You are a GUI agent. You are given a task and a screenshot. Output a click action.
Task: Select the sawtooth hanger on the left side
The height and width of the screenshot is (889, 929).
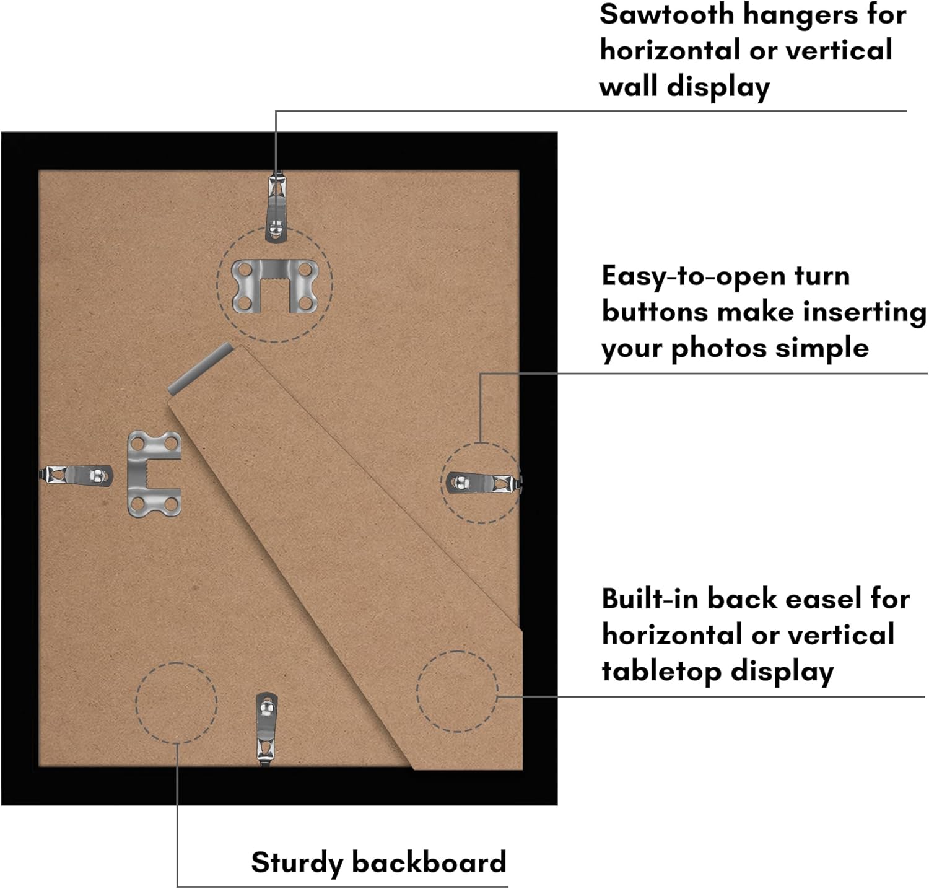point(154,473)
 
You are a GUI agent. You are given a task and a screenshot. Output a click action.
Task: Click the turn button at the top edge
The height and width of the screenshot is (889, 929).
point(276,208)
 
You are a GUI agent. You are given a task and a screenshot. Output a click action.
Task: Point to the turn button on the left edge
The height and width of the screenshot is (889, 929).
point(77,475)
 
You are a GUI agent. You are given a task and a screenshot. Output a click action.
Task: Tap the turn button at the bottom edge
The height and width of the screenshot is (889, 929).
point(266,728)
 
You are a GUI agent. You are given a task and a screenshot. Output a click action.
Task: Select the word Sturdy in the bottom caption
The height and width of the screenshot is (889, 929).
point(297,862)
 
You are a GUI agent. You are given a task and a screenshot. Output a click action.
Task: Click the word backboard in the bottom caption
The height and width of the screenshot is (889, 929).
point(429,862)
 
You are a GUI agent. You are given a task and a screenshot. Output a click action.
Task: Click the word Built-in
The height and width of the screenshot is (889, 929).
point(650,599)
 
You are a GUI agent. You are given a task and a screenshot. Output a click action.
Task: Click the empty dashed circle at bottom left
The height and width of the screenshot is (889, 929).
point(177,703)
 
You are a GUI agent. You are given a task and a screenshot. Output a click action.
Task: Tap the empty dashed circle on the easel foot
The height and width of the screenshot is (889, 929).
point(457,691)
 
